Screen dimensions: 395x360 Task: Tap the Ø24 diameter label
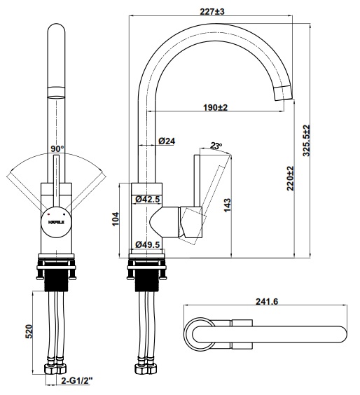tap(166, 141)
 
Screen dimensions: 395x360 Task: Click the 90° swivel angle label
tap(57, 149)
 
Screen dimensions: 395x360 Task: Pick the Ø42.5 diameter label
tap(148, 199)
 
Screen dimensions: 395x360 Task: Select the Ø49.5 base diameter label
tap(148, 244)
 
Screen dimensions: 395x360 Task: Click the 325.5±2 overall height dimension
tap(305, 142)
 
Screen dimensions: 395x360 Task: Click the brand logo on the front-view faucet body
tap(57, 221)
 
